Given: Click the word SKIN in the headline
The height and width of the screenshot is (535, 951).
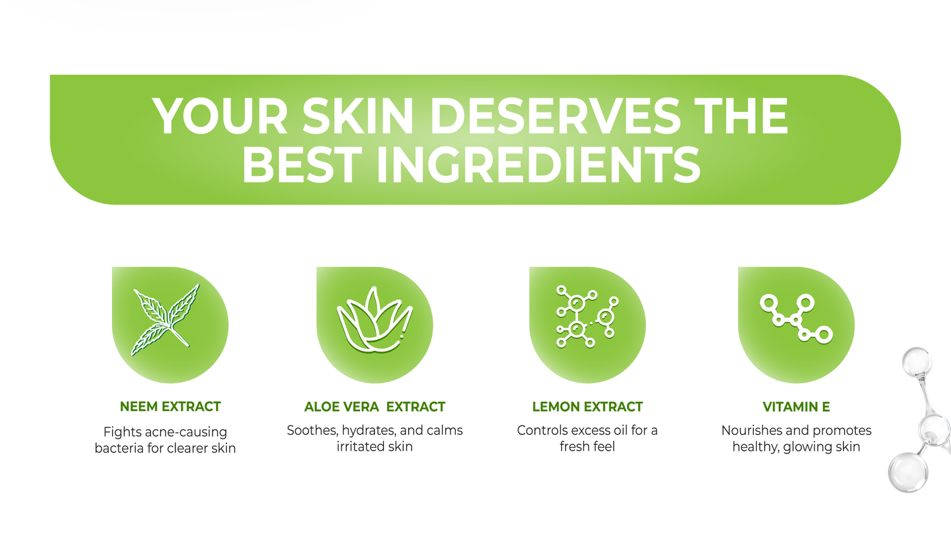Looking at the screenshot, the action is [358, 116].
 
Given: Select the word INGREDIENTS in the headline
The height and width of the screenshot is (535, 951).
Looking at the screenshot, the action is [539, 165].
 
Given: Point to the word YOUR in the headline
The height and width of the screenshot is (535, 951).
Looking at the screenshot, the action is [220, 116].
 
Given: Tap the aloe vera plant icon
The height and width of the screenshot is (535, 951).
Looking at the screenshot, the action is [374, 319].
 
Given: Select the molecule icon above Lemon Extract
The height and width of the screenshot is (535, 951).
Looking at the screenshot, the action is [587, 316].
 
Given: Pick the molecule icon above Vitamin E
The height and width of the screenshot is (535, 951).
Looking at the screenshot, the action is [796, 319].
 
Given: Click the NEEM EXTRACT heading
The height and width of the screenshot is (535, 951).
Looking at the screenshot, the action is [170, 407].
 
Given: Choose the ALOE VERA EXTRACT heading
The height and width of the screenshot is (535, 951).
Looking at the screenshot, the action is [374, 407].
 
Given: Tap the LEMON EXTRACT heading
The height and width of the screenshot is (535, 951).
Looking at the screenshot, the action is [588, 407].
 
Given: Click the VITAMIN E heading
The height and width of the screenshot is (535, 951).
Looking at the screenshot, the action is [796, 407].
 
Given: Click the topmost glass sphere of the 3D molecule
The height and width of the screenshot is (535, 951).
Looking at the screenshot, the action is [917, 362].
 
